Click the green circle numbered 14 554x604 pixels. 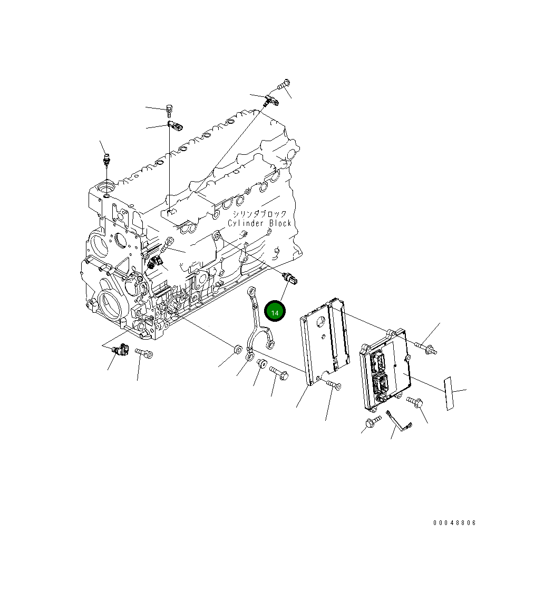click(x=275, y=312)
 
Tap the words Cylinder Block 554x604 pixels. click(x=259, y=223)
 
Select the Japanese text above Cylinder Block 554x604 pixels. click(x=260, y=214)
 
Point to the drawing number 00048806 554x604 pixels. click(x=454, y=523)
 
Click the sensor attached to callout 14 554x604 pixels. click(x=291, y=279)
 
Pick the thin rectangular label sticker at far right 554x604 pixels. click(x=448, y=393)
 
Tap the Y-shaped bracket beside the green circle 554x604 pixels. click(x=258, y=326)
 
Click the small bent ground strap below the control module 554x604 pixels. click(x=399, y=421)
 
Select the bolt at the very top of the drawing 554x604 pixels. click(x=284, y=84)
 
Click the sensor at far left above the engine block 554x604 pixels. click(x=107, y=159)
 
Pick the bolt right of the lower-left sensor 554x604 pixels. click(x=144, y=353)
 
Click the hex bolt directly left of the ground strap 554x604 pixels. click(x=373, y=421)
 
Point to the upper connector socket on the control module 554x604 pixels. click(x=377, y=360)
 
